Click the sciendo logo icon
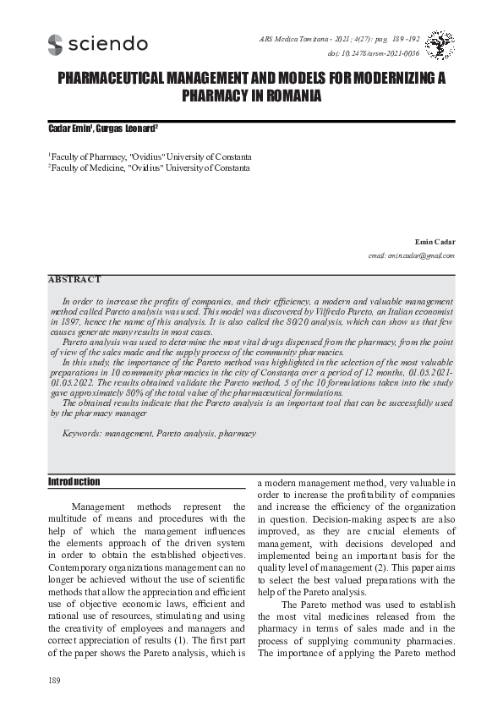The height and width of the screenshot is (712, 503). (x=56, y=45)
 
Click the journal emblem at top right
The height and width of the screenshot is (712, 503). (x=440, y=45)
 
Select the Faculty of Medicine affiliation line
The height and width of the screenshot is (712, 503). (x=150, y=168)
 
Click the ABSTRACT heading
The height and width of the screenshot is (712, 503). (x=74, y=279)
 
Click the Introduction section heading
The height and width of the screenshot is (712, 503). (x=74, y=482)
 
